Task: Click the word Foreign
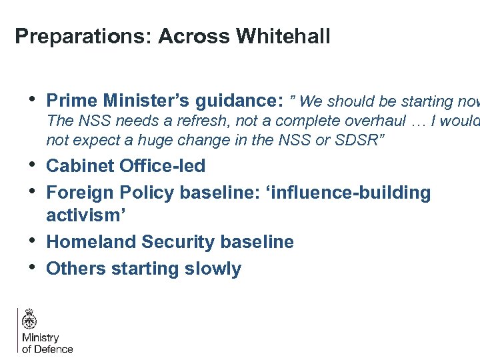coord(81,193)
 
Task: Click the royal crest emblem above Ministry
coord(29,320)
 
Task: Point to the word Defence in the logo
coord(53,349)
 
